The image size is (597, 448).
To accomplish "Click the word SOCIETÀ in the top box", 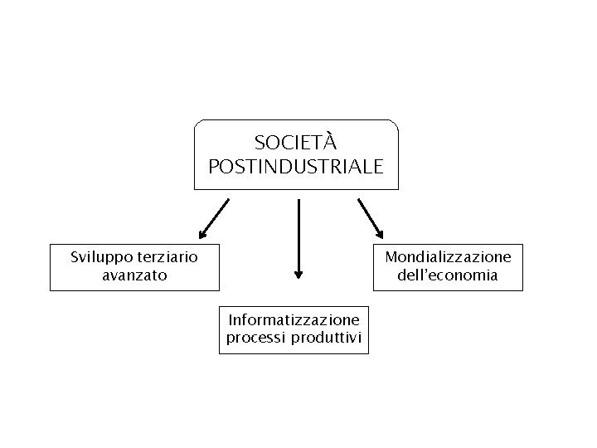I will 296,144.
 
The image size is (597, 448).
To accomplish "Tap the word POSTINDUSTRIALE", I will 296,167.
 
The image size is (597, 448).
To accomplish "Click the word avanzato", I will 134,275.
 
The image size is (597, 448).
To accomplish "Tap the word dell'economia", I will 448,275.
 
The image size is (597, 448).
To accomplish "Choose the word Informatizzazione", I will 294,319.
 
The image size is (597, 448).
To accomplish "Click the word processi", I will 255,337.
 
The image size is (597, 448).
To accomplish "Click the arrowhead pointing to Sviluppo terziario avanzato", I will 202,234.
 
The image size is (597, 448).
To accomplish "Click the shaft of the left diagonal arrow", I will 216,215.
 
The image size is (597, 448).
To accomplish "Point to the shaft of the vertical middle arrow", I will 298,232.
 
